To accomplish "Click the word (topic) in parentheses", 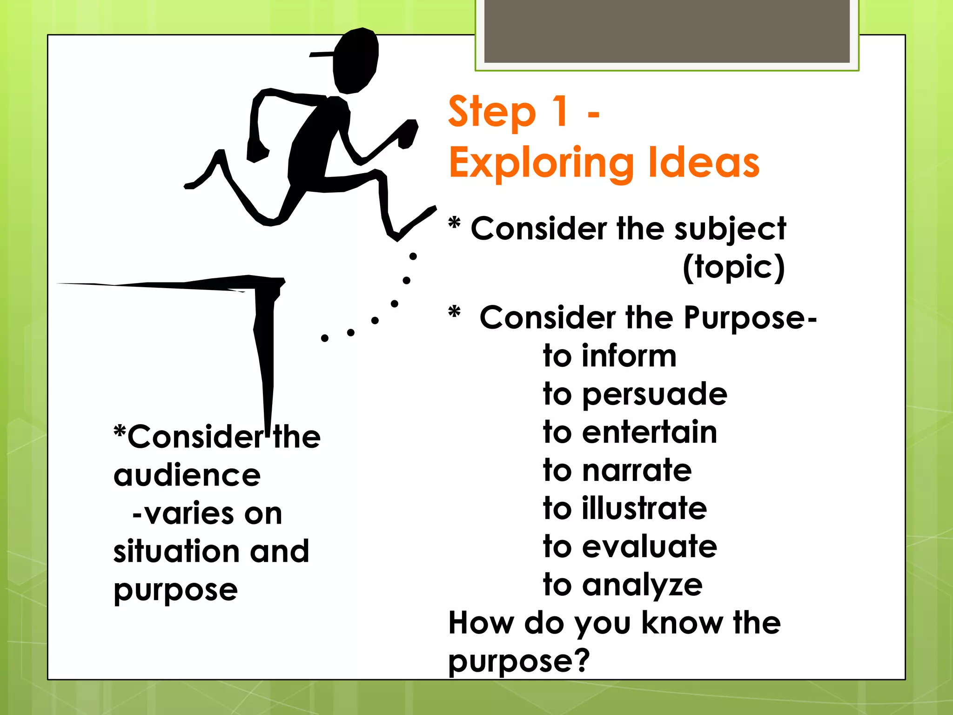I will click(734, 267).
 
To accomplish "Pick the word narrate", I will click(637, 470).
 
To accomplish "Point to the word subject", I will click(730, 229).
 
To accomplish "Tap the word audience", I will click(187, 475).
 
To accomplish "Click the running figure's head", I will click(356, 61).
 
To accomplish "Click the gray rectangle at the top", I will click(667, 31).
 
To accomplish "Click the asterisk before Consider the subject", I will click(454, 223).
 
